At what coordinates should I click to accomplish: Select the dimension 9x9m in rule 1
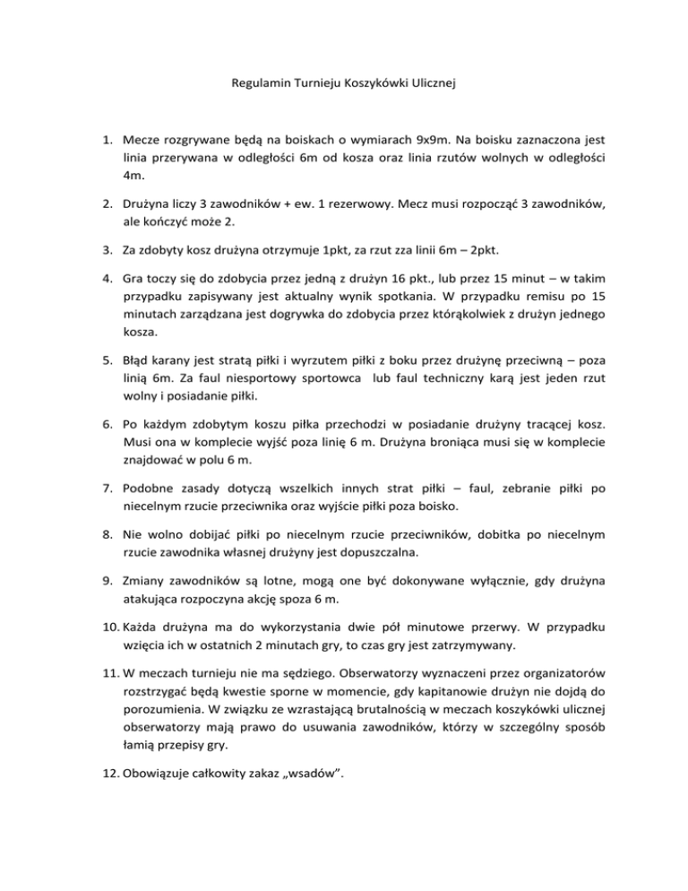tap(392, 141)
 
